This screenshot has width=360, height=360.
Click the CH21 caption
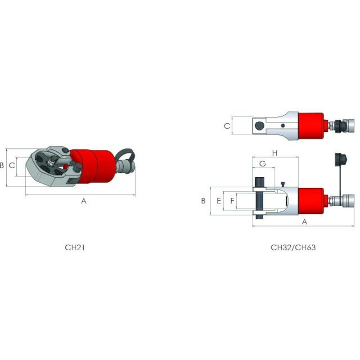[x=75, y=247]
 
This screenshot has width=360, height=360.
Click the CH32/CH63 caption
[x=293, y=247]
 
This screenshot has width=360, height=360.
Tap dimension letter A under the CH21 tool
[x=84, y=201]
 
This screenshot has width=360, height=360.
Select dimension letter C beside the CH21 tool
[x=12, y=165]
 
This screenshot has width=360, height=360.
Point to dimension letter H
[x=275, y=153]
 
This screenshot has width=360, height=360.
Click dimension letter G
[x=262, y=164]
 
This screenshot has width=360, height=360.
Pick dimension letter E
[x=219, y=201]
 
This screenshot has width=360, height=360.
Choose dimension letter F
[x=232, y=201]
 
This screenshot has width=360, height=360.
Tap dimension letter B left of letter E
[x=203, y=201]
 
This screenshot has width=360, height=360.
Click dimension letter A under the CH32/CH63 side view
[x=305, y=222]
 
